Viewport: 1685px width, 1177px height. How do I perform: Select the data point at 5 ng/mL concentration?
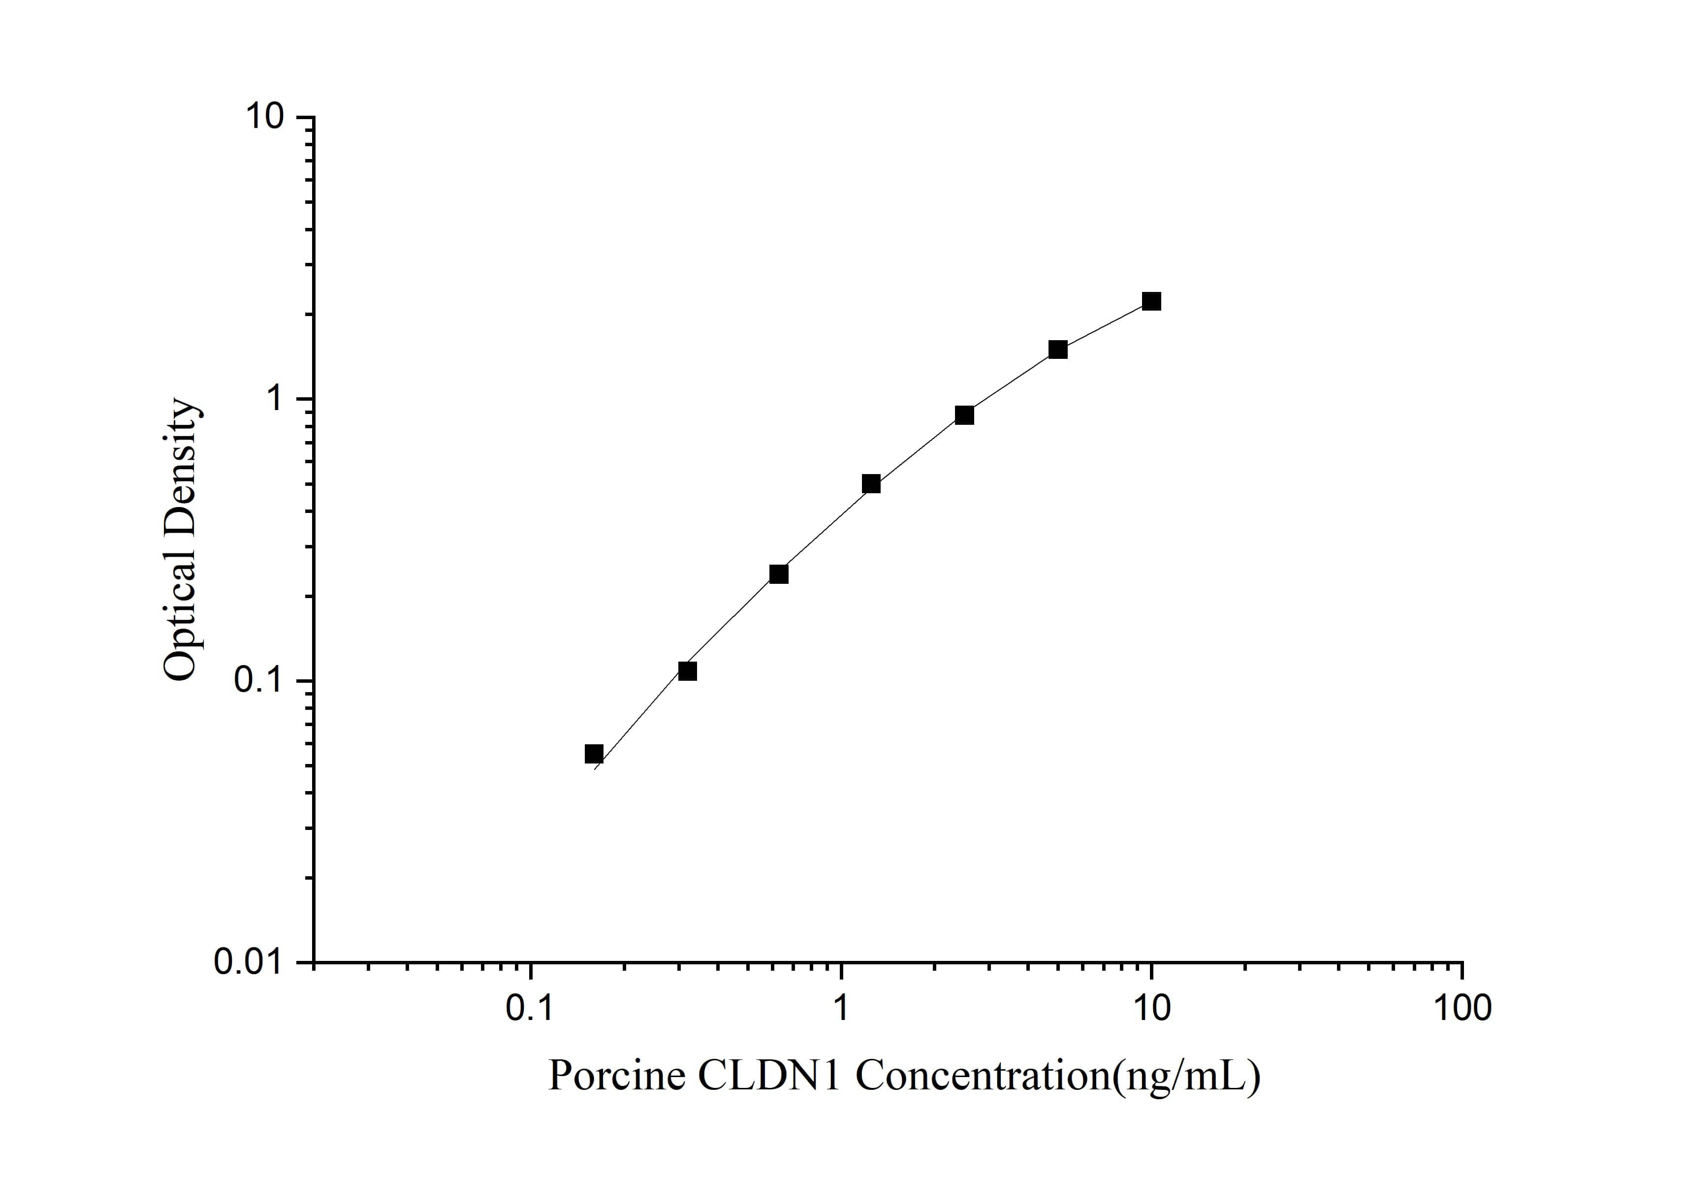point(1057,350)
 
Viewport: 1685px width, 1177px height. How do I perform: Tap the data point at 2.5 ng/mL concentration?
point(964,415)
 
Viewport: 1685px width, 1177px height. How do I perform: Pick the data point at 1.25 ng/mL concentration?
point(871,483)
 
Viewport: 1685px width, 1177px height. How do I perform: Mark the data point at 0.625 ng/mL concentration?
point(779,574)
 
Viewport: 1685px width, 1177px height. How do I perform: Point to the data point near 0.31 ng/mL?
point(687,670)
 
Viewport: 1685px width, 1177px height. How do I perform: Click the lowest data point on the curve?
point(594,754)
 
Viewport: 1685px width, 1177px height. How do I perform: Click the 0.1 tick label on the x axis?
point(530,1010)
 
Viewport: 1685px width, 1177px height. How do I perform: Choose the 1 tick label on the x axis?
point(841,1010)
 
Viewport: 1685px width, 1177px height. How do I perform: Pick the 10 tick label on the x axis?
point(1151,1010)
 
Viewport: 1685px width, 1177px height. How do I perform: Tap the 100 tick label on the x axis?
point(1462,1010)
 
